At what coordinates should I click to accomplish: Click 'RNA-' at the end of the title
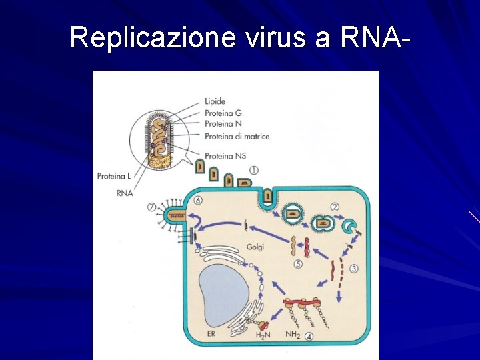pyautogui.click(x=374, y=37)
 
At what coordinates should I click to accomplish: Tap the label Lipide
pyautogui.click(x=215, y=102)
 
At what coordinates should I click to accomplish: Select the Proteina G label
pyautogui.click(x=223, y=113)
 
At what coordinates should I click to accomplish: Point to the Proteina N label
pyautogui.click(x=223, y=124)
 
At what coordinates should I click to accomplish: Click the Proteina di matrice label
pyautogui.click(x=237, y=137)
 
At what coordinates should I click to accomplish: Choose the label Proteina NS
pyautogui.click(x=225, y=155)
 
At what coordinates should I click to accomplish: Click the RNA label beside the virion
pyautogui.click(x=124, y=193)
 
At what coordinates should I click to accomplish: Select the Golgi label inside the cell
pyautogui.click(x=255, y=247)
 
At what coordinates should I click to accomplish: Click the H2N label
pyautogui.click(x=264, y=335)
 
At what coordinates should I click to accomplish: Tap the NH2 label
pyautogui.click(x=293, y=335)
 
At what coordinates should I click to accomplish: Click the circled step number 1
pyautogui.click(x=254, y=171)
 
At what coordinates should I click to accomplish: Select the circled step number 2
pyautogui.click(x=335, y=207)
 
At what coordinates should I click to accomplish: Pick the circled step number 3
pyautogui.click(x=353, y=269)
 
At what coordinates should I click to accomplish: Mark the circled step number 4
pyautogui.click(x=309, y=336)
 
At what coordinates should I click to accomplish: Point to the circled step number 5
pyautogui.click(x=298, y=264)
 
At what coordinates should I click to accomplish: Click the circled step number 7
pyautogui.click(x=152, y=207)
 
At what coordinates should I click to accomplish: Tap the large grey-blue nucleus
pyautogui.click(x=223, y=294)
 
